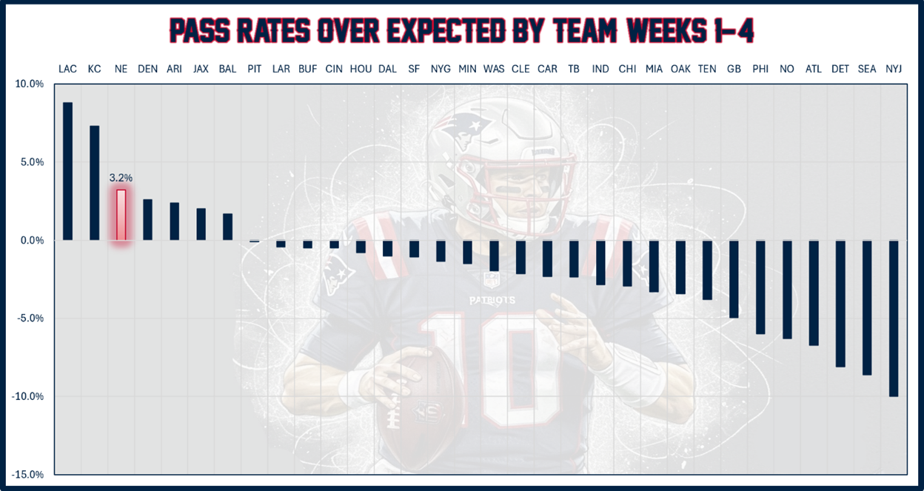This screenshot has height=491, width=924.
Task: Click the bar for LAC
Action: click(67, 171)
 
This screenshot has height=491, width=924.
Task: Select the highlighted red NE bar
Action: click(121, 215)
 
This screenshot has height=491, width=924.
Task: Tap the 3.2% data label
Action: click(121, 178)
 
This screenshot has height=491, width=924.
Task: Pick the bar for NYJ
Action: click(893, 318)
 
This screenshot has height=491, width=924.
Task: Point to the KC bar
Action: click(94, 183)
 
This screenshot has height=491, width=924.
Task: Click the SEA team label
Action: click(866, 69)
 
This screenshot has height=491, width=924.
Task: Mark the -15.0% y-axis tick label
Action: click(27, 475)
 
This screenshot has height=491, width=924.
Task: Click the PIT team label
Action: click(254, 69)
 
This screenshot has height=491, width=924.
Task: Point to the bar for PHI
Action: click(760, 287)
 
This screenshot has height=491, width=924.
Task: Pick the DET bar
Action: click(840, 304)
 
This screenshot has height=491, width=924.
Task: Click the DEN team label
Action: click(147, 69)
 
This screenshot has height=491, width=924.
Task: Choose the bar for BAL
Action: click(227, 227)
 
